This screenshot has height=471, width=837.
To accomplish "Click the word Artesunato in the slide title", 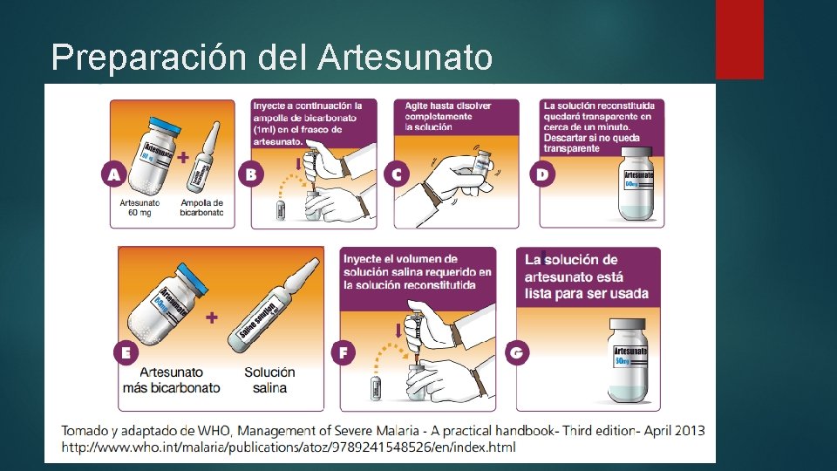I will (x=405, y=58).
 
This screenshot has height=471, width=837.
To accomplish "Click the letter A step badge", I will (x=113, y=174).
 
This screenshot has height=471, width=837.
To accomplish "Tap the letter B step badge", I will (x=252, y=174).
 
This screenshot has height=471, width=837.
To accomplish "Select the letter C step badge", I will (x=398, y=174).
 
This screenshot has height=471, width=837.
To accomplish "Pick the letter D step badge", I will (x=542, y=174).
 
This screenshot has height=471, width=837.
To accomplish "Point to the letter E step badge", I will (x=126, y=353).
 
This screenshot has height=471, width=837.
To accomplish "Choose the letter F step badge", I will (x=344, y=353).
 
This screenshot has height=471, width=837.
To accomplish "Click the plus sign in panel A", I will (x=183, y=159).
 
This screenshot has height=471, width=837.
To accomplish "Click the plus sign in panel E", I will (x=212, y=318).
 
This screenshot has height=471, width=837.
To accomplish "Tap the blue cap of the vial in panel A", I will (x=163, y=125).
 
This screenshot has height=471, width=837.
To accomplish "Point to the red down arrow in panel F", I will (x=399, y=330).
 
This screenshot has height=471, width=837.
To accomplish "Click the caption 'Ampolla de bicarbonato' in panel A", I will (x=201, y=208).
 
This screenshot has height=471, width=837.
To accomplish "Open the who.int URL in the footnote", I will (x=288, y=447).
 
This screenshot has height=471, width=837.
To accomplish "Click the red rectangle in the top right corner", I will (x=739, y=39).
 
